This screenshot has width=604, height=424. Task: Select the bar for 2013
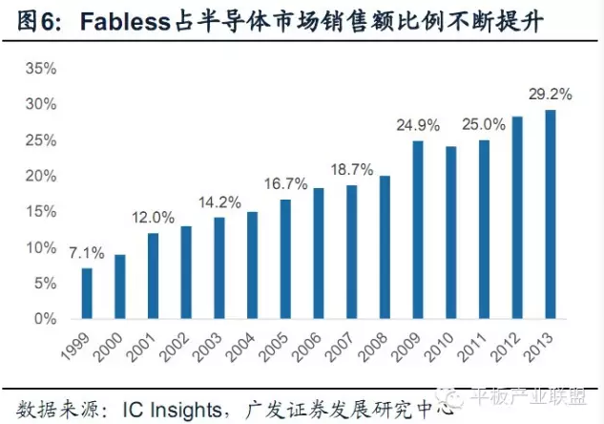tap(550, 214)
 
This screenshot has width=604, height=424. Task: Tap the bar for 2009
tap(418, 229)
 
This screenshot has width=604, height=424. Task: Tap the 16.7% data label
tap(285, 183)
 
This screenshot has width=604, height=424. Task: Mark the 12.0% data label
tap(153, 217)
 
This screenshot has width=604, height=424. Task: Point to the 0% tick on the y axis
tap(44, 319)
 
